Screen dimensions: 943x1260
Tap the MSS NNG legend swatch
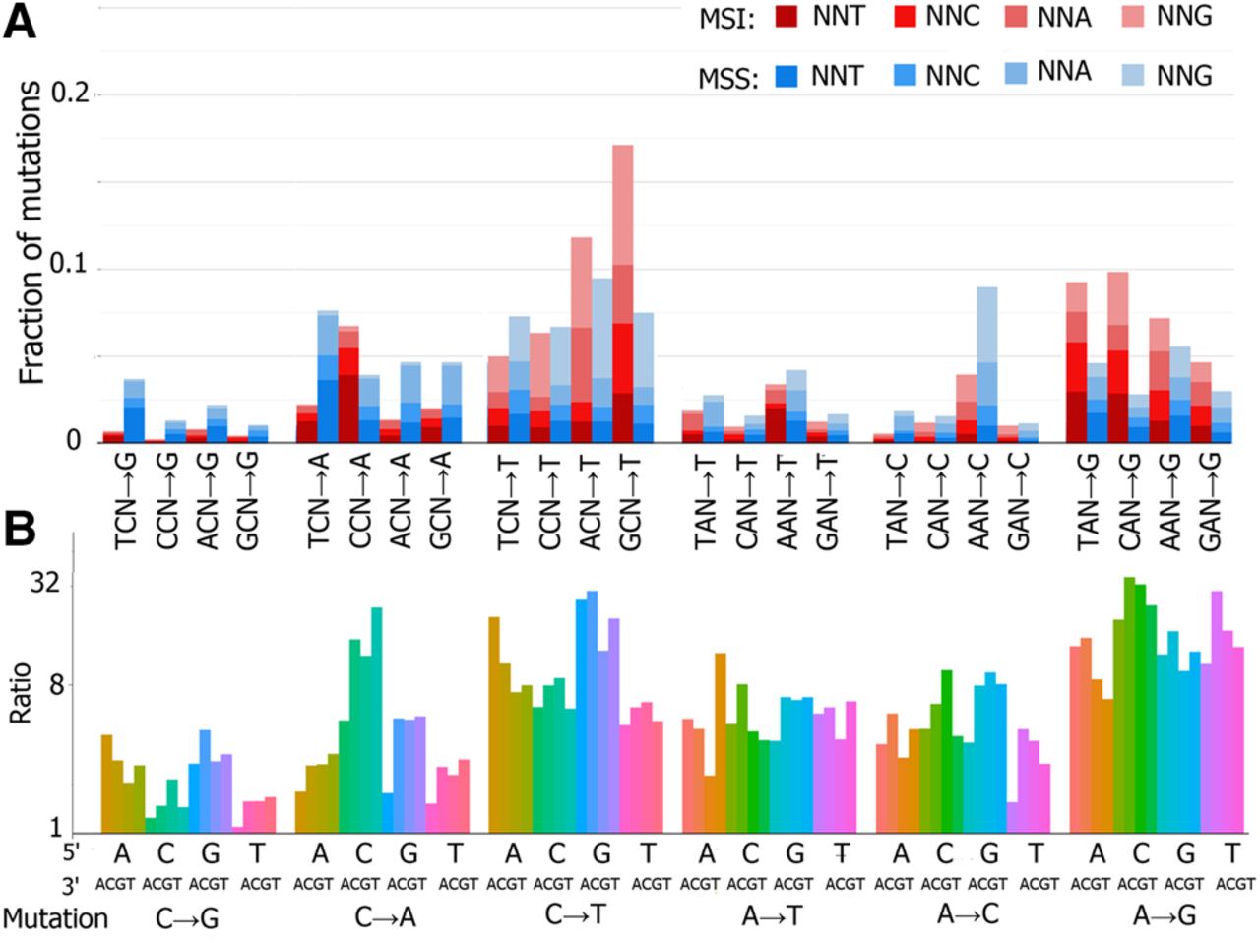pyautogui.click(x=1135, y=76)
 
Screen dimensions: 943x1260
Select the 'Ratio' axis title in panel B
pyautogui.click(x=21, y=693)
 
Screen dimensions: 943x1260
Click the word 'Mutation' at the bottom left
pyautogui.click(x=55, y=918)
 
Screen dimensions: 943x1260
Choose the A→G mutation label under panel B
pyautogui.click(x=1164, y=914)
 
